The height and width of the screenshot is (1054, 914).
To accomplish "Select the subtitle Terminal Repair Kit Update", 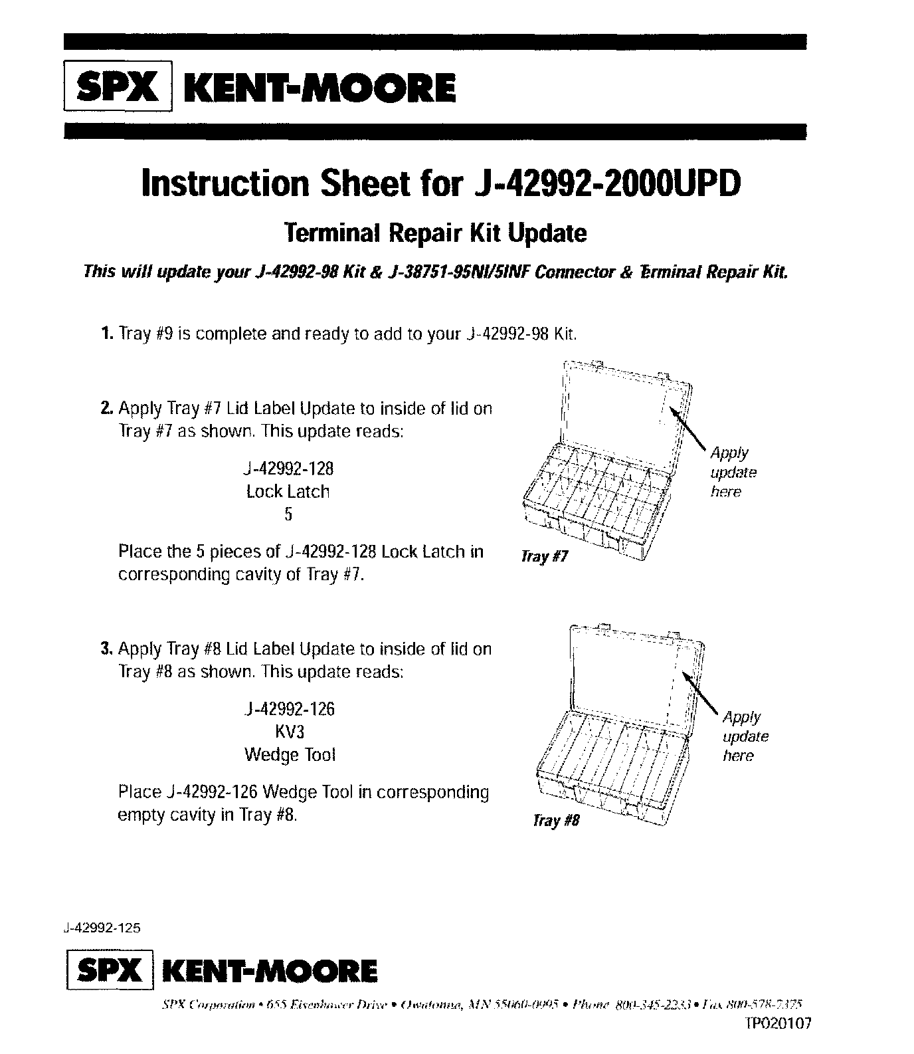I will [435, 233].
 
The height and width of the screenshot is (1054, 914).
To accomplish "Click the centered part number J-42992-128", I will [288, 469].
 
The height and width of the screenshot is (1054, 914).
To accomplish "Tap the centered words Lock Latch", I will [288, 492].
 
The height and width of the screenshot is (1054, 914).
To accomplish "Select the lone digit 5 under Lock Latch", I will [288, 514].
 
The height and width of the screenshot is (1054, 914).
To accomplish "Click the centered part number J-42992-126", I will [289, 709].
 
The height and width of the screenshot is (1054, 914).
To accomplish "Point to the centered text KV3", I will [289, 732].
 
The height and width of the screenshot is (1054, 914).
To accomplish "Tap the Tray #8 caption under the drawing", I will [556, 821].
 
